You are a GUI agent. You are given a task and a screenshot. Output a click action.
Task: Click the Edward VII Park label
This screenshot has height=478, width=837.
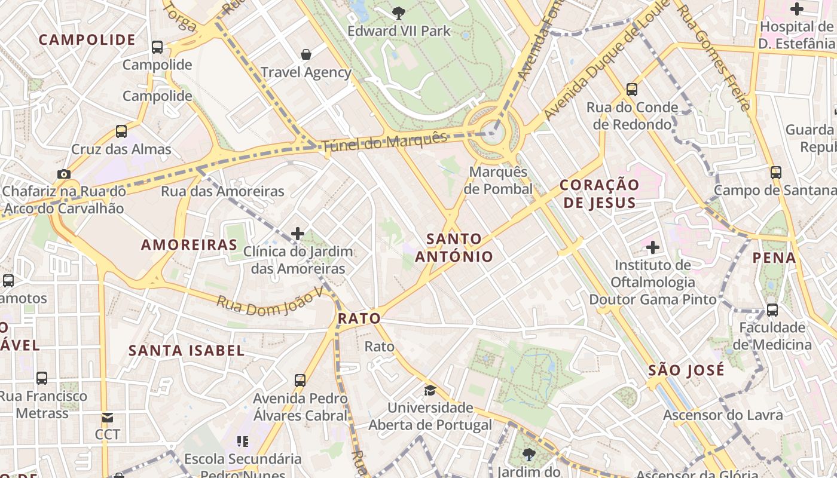click(399, 31)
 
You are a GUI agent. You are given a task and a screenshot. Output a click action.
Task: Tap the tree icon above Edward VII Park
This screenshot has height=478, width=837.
click(399, 12)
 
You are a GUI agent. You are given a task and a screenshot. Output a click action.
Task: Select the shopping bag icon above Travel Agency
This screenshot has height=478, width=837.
click(306, 54)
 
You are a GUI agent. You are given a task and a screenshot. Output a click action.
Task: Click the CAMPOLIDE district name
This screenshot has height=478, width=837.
click(87, 40)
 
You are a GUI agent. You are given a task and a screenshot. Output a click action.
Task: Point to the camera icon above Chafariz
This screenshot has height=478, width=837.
click(63, 174)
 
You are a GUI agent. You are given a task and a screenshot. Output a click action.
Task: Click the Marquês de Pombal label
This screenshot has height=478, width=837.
click(498, 180)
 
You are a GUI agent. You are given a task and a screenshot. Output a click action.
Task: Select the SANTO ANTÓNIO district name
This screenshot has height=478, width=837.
click(454, 248)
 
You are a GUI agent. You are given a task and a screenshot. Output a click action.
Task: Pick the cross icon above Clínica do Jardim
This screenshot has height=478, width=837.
click(298, 233)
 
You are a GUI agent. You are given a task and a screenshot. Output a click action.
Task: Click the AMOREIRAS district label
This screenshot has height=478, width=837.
click(190, 244)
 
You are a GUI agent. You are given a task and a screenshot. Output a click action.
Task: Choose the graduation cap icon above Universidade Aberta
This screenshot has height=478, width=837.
click(430, 390)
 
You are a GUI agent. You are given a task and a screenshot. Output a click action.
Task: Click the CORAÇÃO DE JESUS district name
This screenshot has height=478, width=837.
click(599, 194)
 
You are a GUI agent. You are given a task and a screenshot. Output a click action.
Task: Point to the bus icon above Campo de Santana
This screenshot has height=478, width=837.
click(775, 172)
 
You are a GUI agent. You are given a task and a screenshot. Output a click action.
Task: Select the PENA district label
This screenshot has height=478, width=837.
click(774, 258)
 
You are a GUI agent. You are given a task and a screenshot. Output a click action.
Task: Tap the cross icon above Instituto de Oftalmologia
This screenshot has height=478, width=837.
click(653, 246)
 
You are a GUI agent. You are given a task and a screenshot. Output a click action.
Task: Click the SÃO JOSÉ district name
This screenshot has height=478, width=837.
click(686, 370)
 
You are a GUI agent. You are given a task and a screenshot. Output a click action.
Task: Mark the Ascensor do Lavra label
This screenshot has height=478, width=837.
click(723, 415)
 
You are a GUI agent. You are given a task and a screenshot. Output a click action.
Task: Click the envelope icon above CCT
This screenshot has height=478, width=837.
click(108, 417)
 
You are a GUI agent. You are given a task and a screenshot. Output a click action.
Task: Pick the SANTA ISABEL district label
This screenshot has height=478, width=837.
click(187, 351)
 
